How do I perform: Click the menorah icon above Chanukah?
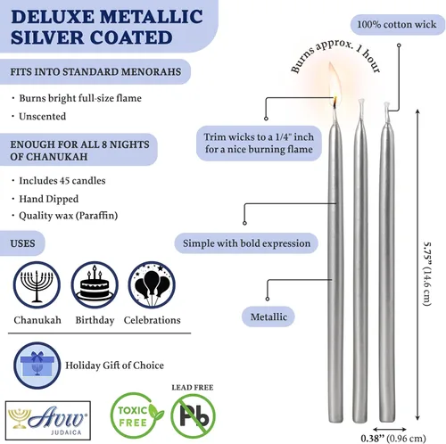(37, 284)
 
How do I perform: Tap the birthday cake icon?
(95, 284)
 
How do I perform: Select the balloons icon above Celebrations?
(152, 284)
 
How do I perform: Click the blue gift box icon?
(37, 366)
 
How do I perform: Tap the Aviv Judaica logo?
(48, 420)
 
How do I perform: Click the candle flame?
(334, 82)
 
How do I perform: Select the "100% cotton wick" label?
(397, 24)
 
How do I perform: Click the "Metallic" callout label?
(268, 317)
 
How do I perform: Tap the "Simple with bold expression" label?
(246, 243)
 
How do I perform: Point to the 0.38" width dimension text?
(393, 438)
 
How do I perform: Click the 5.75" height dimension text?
(427, 274)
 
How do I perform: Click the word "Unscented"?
(43, 116)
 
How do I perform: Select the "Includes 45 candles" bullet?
(62, 181)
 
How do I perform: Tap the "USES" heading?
(22, 243)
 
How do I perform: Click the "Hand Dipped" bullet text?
(49, 199)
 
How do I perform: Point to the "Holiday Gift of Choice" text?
(114, 366)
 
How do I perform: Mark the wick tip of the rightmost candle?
(386, 103)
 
